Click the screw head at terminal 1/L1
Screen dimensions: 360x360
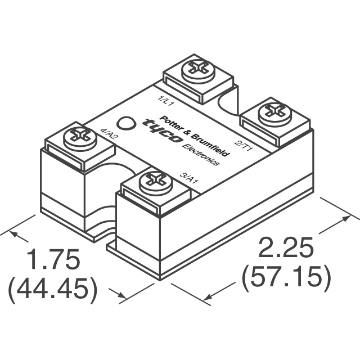(196, 67)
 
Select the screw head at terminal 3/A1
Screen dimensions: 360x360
(152, 180)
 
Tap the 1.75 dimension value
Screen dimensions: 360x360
(54, 262)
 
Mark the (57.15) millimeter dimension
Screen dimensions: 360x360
(285, 277)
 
